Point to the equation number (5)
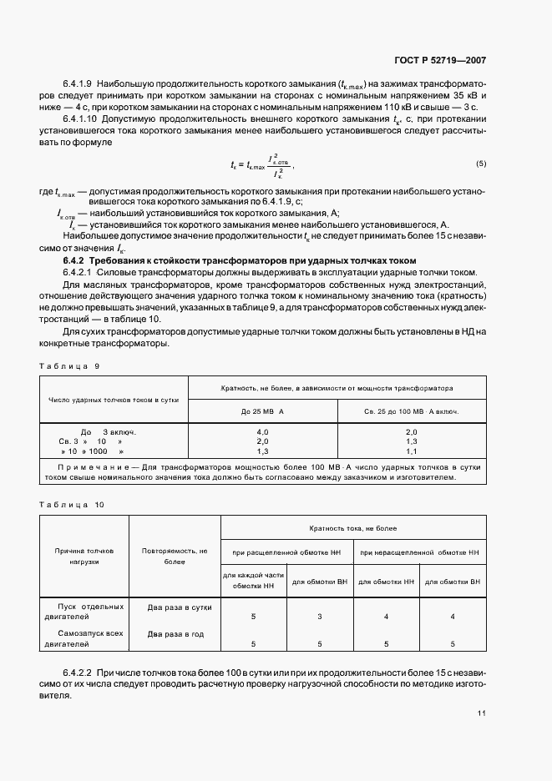click(x=480, y=163)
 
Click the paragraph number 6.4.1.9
click(x=78, y=84)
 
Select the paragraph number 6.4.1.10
click(x=81, y=120)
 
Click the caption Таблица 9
click(x=70, y=366)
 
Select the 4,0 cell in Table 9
click(x=262, y=431)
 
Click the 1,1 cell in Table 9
click(x=411, y=451)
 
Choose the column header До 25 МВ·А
click(x=262, y=412)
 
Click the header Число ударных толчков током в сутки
click(x=115, y=401)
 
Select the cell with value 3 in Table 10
click(x=320, y=617)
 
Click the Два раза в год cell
click(x=175, y=634)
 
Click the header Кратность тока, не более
click(x=352, y=529)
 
